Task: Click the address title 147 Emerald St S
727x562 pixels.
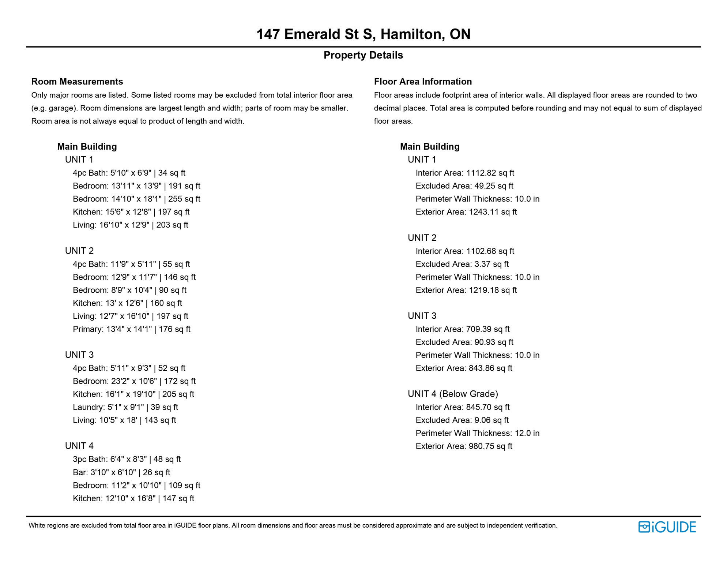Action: (363, 34)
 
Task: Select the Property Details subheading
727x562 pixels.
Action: (363, 55)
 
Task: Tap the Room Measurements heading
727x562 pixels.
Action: (77, 82)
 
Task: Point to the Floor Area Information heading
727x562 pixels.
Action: (423, 82)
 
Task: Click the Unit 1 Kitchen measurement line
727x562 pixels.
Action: (131, 212)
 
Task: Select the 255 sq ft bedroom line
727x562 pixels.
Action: (136, 199)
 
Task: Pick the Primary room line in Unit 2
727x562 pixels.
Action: (131, 329)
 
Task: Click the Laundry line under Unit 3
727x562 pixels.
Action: (125, 407)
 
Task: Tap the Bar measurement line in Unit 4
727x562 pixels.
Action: (121, 472)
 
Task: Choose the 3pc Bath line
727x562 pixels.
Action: (127, 459)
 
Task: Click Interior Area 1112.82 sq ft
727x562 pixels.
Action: (465, 173)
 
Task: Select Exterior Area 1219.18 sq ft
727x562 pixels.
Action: (466, 290)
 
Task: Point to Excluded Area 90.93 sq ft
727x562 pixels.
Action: (464, 342)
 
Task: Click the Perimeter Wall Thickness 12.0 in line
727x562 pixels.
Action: (478, 433)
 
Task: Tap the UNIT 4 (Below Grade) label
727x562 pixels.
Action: (453, 394)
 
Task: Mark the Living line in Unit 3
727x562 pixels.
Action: (124, 420)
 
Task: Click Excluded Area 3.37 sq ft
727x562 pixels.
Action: (462, 264)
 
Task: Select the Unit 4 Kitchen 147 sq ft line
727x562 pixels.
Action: (133, 498)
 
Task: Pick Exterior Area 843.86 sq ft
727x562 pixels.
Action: (464, 368)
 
